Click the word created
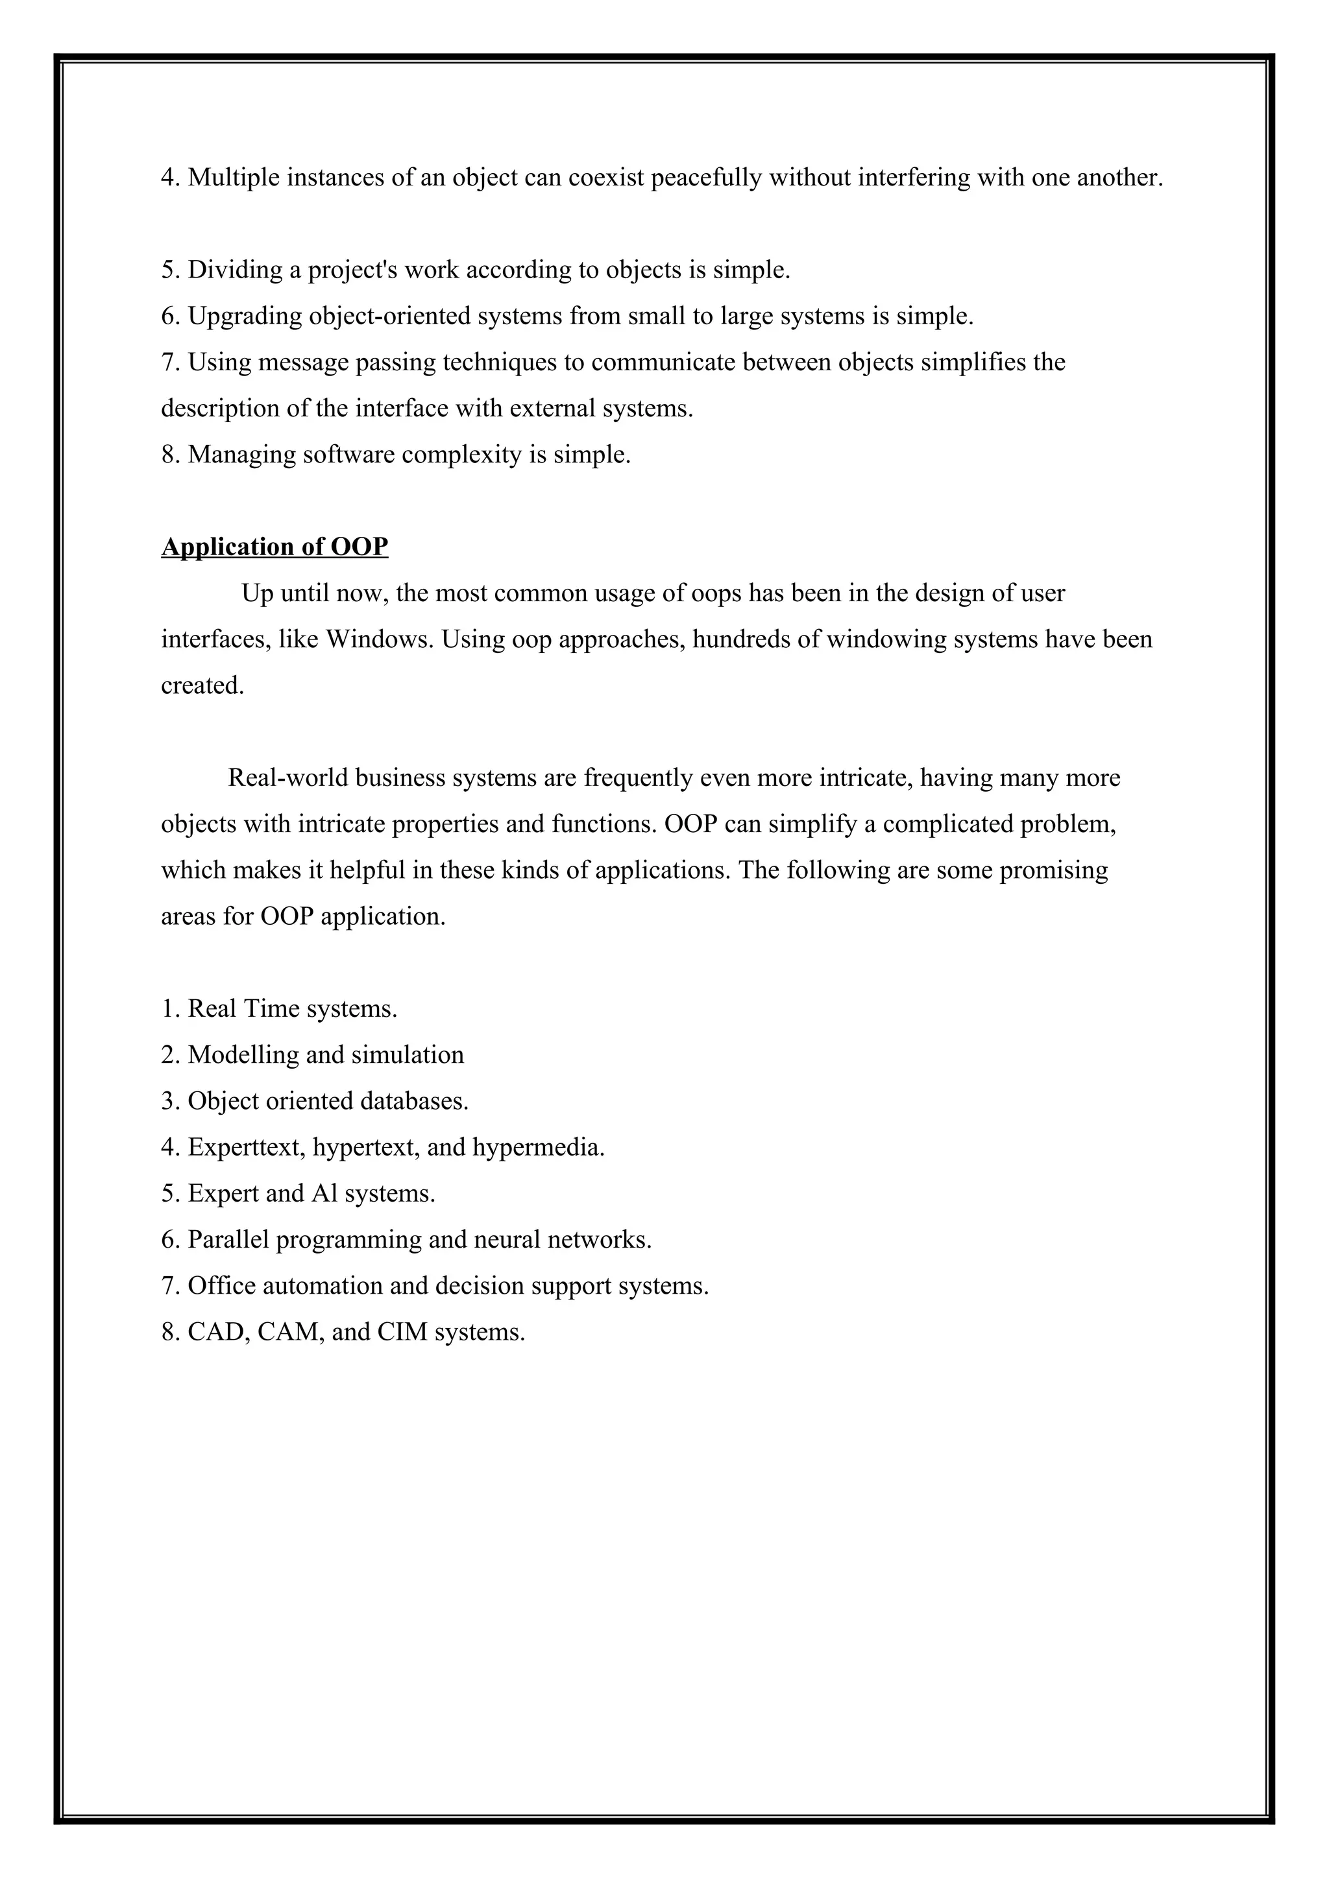click(202, 685)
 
